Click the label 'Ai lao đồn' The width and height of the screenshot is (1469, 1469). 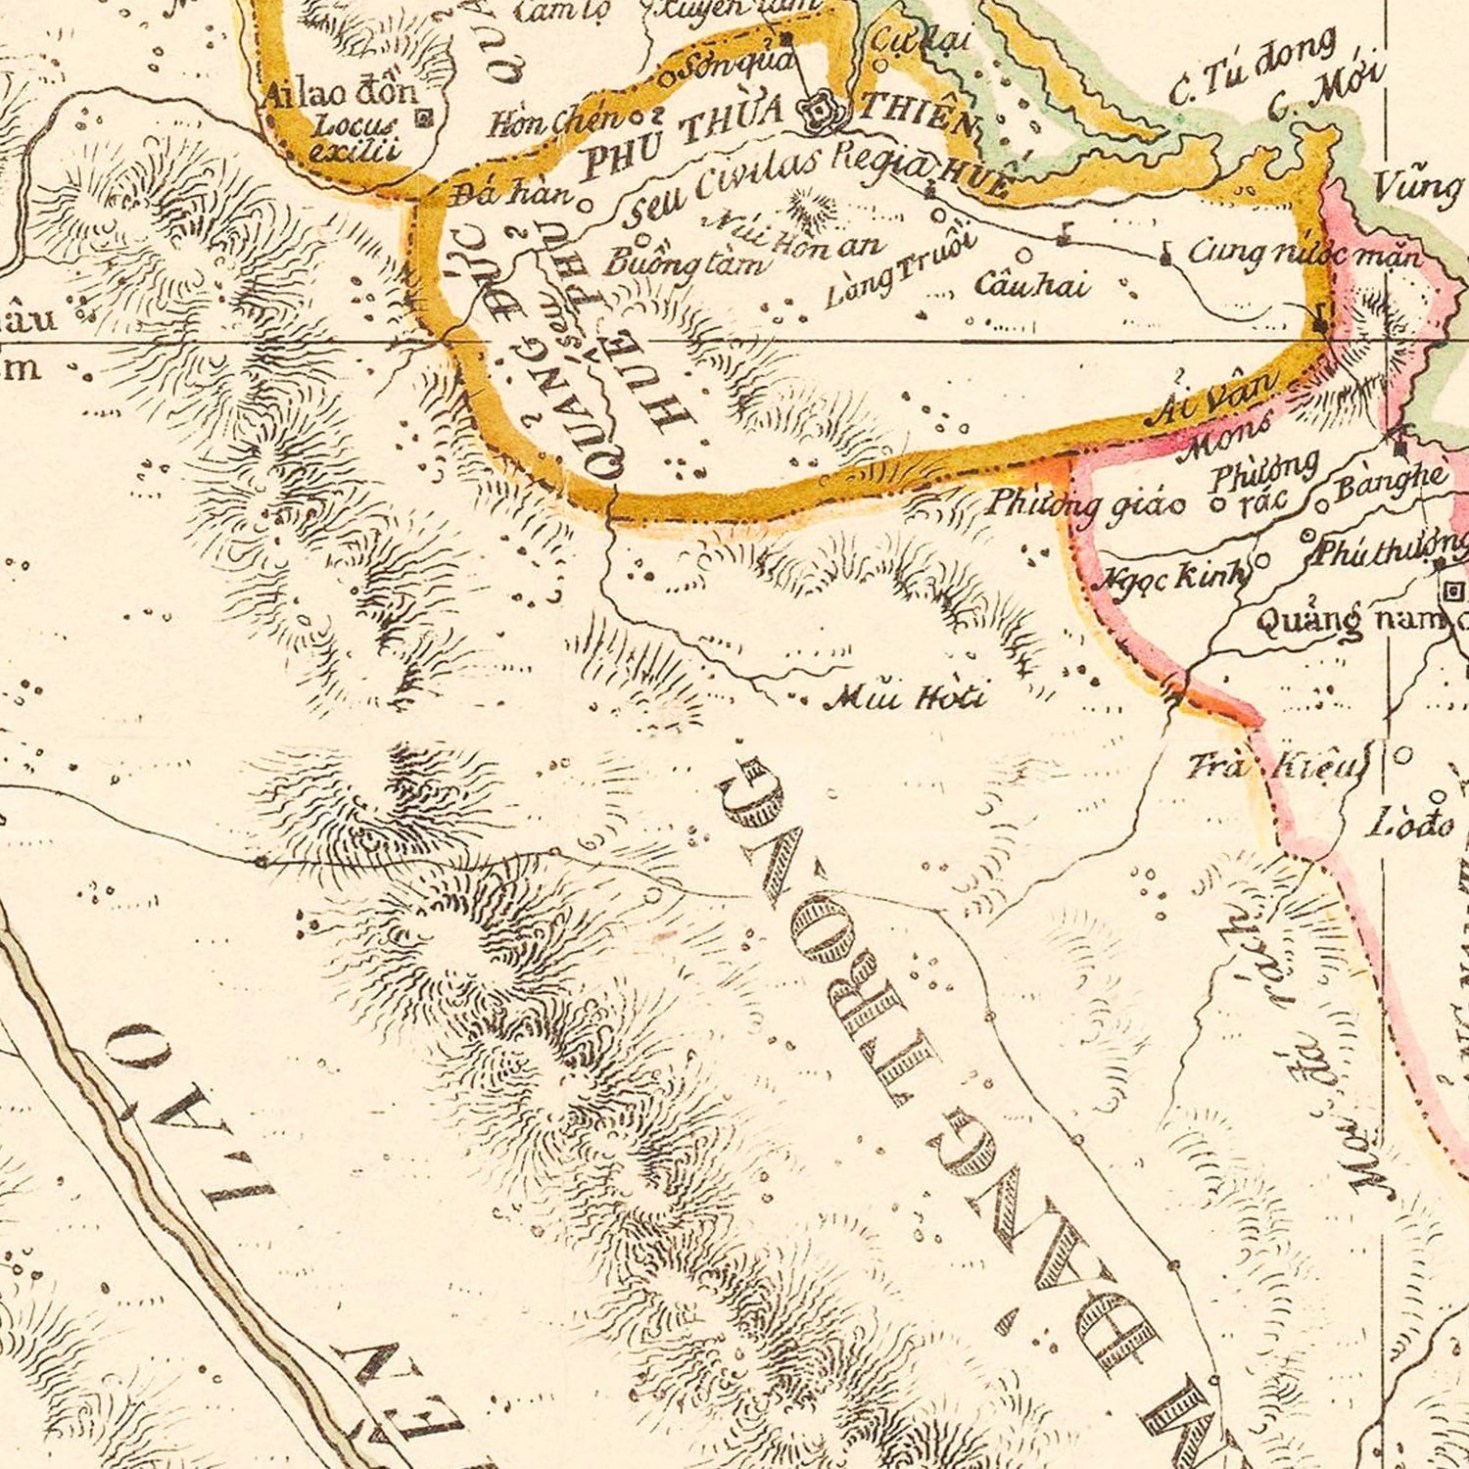(x=341, y=95)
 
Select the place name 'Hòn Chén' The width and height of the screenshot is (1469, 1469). (x=555, y=121)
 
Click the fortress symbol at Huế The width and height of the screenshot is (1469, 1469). (x=816, y=114)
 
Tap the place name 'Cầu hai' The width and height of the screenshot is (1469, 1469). (x=1030, y=285)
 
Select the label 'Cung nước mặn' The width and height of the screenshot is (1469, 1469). (x=1303, y=254)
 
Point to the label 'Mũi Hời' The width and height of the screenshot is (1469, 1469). (x=905, y=697)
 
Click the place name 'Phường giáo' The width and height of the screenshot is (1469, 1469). (x=1086, y=503)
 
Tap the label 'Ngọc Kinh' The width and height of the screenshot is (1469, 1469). (x=1174, y=576)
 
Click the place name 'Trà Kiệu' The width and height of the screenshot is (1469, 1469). (x=1276, y=765)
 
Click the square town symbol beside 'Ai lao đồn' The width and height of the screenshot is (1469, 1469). (x=424, y=118)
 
